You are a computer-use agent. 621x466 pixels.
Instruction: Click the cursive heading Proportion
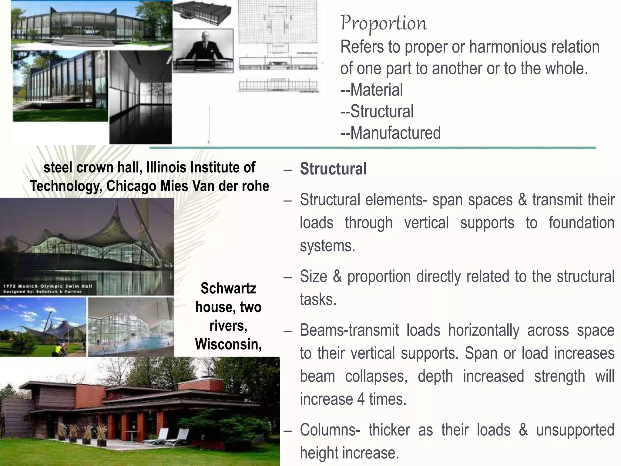point(384,23)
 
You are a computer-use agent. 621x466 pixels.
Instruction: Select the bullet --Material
point(372,90)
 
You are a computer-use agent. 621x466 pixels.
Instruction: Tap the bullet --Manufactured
point(391,133)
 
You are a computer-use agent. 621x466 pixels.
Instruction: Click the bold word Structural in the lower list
point(333,169)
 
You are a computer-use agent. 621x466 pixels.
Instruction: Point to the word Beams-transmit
point(349,330)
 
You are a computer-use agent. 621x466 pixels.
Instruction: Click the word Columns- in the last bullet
point(330,430)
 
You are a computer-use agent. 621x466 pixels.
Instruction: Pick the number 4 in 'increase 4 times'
point(361,399)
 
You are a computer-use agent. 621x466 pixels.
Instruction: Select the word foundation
point(581,223)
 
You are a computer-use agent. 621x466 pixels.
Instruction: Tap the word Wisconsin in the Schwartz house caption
point(228,344)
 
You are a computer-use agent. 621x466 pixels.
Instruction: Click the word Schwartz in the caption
point(228,288)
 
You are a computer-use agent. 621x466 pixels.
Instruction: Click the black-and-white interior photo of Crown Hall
point(140,97)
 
